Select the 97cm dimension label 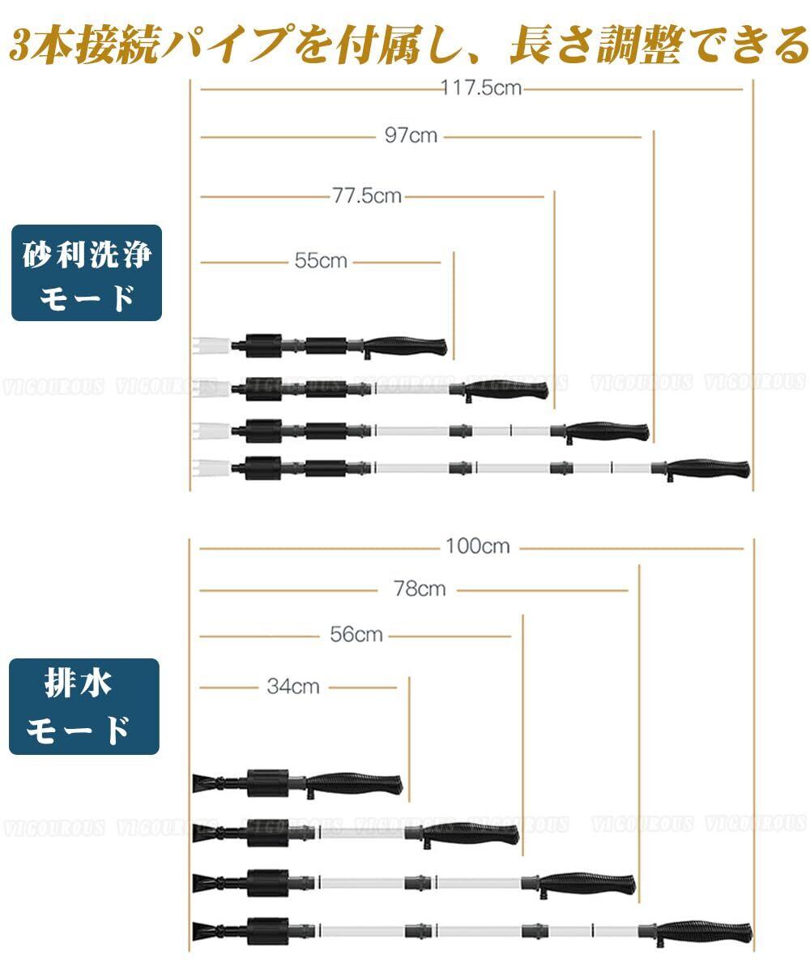(411, 135)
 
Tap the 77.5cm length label (366, 195)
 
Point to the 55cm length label (320, 261)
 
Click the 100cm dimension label (478, 547)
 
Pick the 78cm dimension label (420, 589)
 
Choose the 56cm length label (356, 634)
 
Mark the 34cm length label (293, 687)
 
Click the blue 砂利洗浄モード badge (87, 272)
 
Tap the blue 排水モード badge (84, 707)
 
